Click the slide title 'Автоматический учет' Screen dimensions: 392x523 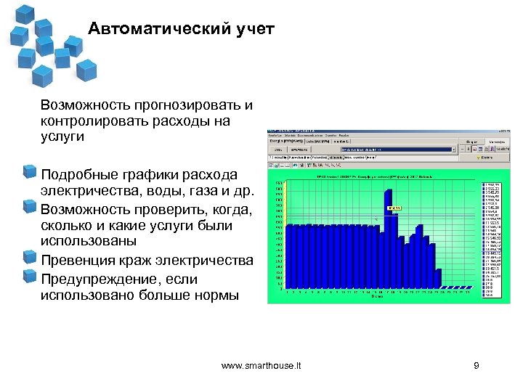[x=181, y=30]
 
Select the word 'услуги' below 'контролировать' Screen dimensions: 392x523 [x=62, y=136]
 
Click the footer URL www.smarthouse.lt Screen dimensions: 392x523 [x=261, y=366]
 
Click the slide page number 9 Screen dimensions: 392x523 [x=476, y=366]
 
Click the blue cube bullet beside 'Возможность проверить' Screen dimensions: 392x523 [x=30, y=207]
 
